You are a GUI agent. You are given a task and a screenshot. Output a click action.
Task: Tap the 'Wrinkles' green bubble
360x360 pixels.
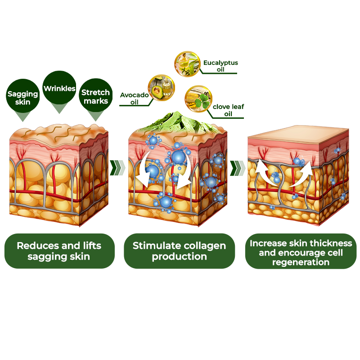[59, 88]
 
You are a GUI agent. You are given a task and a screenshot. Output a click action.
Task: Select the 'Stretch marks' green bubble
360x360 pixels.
[95, 96]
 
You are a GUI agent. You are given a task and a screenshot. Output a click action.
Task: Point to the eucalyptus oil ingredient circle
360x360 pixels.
[187, 63]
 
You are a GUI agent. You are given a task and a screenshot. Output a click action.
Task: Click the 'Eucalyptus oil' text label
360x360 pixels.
[220, 66]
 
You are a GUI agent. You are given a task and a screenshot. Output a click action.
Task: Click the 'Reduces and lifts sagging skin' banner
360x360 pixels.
[59, 251]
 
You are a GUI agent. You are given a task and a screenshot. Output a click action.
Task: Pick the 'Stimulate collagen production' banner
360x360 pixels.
[179, 251]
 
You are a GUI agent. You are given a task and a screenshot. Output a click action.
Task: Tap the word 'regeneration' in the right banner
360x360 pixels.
[301, 262]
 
